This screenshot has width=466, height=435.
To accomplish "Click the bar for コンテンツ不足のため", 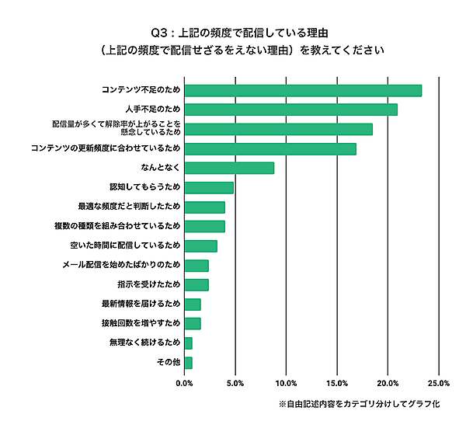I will (x=303, y=90).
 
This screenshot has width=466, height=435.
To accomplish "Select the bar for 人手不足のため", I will (x=291, y=110).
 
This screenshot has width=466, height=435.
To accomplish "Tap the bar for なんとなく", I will (x=229, y=168).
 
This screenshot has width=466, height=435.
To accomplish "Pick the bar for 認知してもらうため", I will (x=209, y=187).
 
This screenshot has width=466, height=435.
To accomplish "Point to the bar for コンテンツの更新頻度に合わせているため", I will (x=270, y=148).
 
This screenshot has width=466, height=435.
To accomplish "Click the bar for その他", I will (x=188, y=363).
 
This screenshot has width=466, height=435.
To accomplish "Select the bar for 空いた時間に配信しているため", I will (x=200, y=246).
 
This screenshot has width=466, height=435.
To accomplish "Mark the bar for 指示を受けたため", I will (x=196, y=284).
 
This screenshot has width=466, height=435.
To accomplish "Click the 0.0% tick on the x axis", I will (x=185, y=383).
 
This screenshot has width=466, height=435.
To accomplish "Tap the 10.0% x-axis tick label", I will (x=287, y=383).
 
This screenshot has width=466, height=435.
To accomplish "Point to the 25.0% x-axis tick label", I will (x=439, y=383).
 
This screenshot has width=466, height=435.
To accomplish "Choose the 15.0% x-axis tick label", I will (x=337, y=383).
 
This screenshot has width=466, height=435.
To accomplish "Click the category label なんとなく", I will (x=160, y=168).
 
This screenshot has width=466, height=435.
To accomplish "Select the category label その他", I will (x=170, y=363).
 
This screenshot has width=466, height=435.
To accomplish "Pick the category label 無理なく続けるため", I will (x=145, y=343).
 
